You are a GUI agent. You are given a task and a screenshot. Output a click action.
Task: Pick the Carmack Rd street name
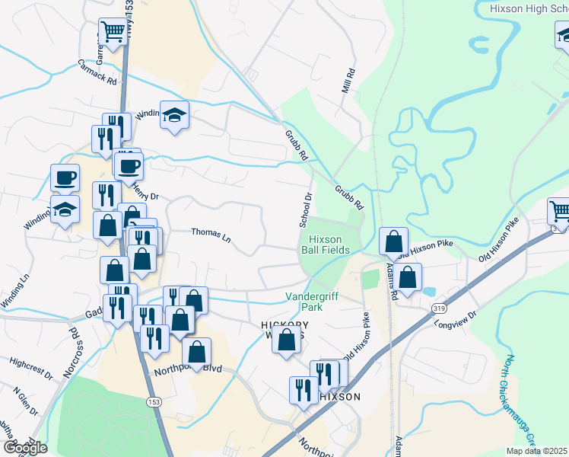click(x=97, y=72)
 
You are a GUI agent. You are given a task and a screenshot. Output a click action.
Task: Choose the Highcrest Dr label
click(x=32, y=365)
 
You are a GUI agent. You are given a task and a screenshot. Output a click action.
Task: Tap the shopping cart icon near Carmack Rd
click(x=112, y=33)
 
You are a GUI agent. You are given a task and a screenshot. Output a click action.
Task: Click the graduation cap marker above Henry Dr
click(x=175, y=116)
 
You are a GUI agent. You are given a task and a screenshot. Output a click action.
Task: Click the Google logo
click(x=24, y=448)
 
